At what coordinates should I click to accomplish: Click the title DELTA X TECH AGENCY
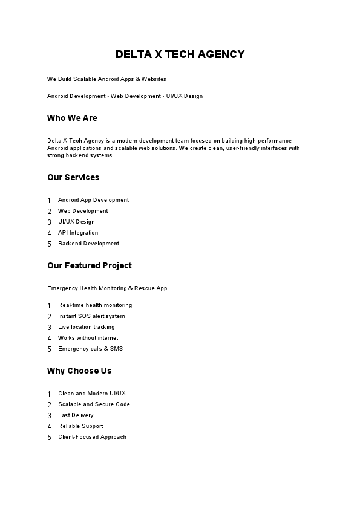180,54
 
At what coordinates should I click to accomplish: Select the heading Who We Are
72,118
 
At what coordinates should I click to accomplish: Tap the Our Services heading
73,177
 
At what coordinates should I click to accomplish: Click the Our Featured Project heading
89,265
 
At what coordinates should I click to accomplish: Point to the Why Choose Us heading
79,371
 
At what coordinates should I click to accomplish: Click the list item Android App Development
93,200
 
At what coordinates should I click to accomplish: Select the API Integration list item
78,233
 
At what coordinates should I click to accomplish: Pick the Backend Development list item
88,244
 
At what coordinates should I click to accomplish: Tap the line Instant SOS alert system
91,316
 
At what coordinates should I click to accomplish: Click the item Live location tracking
86,327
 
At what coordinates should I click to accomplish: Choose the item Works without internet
88,338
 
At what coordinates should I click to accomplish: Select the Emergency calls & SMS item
90,349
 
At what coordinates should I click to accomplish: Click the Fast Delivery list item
76,415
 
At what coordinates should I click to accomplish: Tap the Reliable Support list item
80,426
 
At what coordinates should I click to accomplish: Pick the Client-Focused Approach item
92,437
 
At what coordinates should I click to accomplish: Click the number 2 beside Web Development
49,212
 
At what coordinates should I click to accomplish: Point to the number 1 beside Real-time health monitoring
49,306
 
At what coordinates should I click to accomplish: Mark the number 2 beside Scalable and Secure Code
49,405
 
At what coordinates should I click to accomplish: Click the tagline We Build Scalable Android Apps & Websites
106,79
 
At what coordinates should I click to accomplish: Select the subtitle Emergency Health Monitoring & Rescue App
107,288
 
